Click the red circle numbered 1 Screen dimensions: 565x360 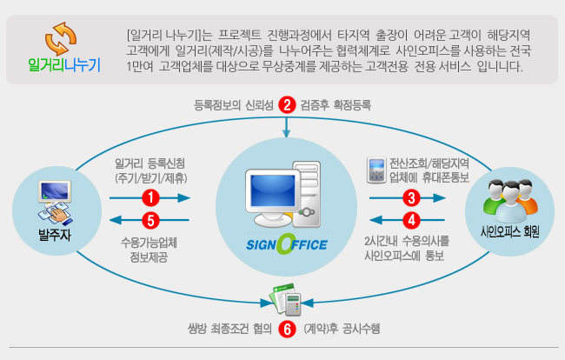tap(150, 198)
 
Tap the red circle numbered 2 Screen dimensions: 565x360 tap(287, 105)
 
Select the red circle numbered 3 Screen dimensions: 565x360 tap(411, 198)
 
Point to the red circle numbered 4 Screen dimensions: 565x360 tap(411, 220)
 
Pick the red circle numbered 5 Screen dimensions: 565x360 tap(150, 220)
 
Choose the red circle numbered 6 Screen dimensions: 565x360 tap(287, 330)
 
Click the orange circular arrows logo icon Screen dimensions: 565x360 tap(61, 38)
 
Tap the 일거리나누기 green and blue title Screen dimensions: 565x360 tap(64, 65)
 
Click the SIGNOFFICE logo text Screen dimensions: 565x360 tap(287, 244)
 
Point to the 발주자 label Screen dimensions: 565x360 tap(55, 235)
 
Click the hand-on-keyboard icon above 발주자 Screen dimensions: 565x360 tap(55, 203)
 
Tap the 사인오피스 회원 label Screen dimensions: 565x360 tap(510, 231)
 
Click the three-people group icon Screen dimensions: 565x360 tap(510, 201)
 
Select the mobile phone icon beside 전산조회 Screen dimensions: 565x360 tap(376, 170)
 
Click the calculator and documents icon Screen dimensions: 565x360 tap(286, 299)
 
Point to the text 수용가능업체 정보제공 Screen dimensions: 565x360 tap(149, 250)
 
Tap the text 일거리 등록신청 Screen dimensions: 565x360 tap(150, 163)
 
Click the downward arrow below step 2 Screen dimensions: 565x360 tap(287, 127)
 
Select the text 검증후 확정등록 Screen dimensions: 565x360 tap(336, 105)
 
